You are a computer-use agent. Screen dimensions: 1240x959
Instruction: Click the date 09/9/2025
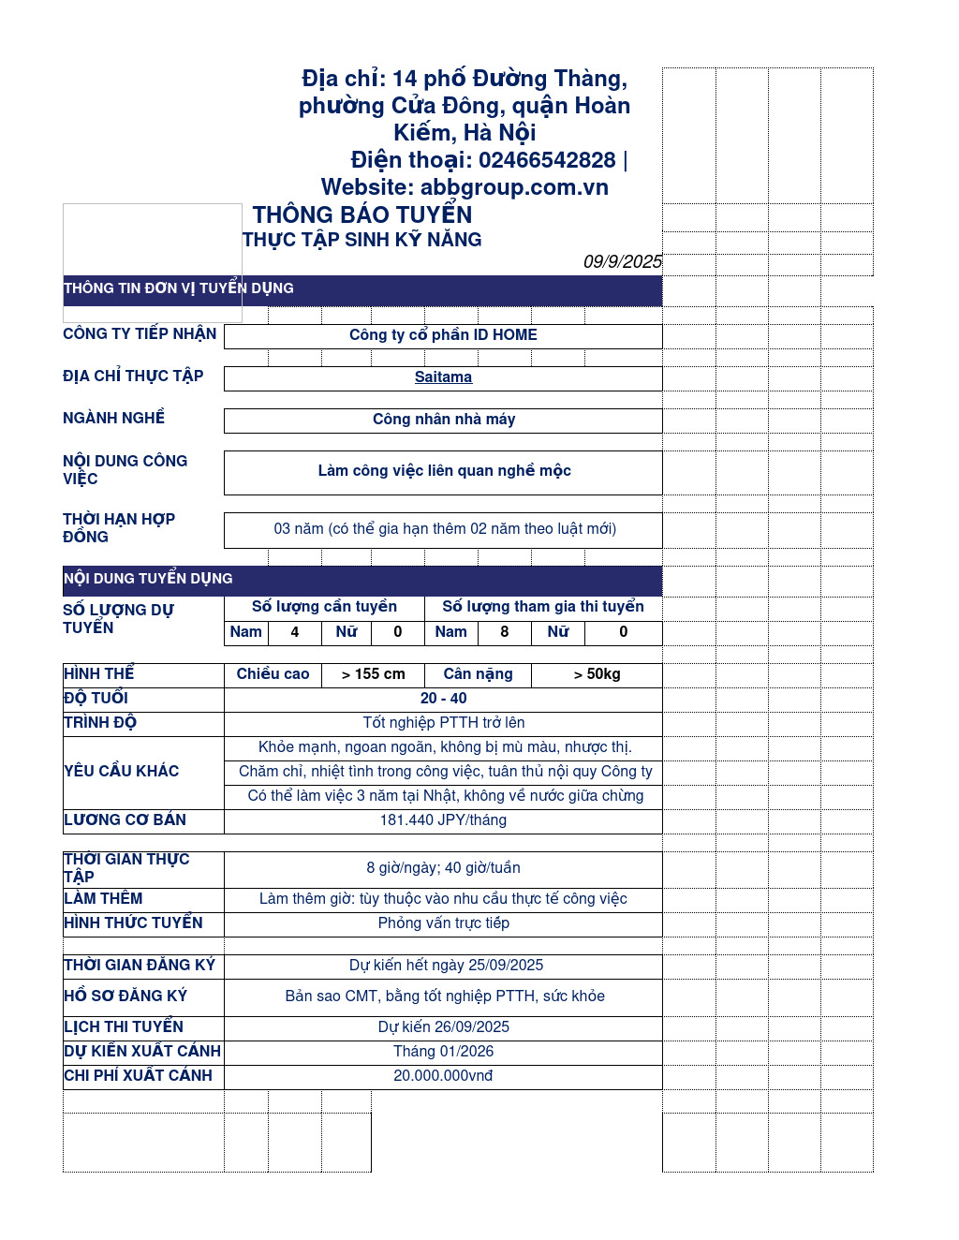(622, 262)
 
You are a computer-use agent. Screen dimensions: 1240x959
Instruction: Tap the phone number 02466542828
(547, 160)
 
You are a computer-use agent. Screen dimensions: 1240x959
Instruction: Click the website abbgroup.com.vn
(514, 187)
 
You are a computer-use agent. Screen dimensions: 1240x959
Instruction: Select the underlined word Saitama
(443, 377)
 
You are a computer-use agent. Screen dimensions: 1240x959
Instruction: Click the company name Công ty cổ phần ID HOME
(443, 335)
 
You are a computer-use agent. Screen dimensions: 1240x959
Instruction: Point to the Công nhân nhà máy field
(443, 420)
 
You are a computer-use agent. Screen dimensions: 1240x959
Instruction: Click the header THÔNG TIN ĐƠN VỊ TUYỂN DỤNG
(179, 288)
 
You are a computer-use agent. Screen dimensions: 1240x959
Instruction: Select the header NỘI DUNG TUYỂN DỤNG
(148, 579)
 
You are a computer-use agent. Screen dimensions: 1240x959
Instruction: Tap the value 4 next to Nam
(294, 632)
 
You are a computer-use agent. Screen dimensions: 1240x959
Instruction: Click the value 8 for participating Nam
(504, 632)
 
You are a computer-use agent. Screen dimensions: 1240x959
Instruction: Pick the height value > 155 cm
(373, 674)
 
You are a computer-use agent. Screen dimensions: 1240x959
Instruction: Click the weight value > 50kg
(597, 674)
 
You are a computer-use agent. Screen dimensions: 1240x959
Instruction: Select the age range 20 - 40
(443, 699)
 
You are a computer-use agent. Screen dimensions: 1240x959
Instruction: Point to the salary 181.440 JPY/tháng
(443, 820)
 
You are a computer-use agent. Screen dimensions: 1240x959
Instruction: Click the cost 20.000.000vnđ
(443, 1076)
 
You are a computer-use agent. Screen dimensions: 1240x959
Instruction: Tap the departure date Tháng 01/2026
(443, 1052)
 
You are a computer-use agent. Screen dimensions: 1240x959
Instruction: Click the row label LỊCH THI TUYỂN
(124, 1027)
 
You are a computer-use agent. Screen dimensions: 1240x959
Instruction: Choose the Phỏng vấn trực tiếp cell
(443, 923)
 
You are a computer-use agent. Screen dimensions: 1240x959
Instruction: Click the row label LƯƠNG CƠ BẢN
(125, 820)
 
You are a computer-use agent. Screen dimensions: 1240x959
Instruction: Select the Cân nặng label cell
(478, 674)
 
